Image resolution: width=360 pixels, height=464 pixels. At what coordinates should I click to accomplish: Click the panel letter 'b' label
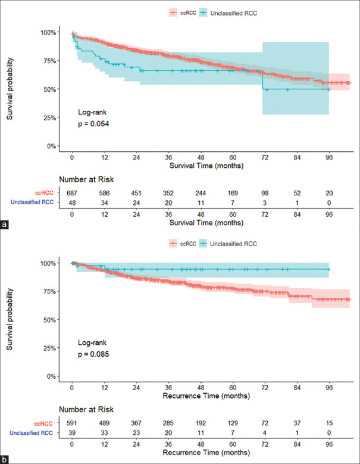(x=5, y=459)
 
